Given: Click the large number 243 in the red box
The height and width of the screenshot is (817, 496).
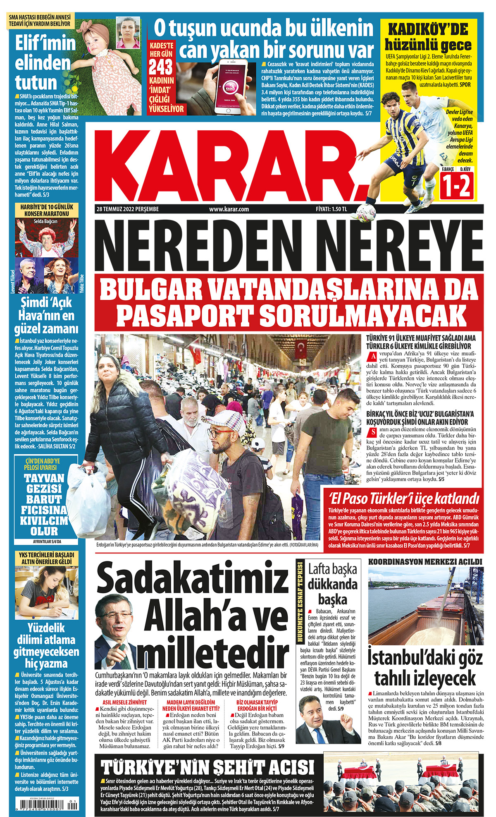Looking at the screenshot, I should [161, 67].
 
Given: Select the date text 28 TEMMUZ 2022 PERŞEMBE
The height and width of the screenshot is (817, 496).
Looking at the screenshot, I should [127, 209].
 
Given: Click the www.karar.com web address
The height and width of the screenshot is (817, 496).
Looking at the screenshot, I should [229, 209].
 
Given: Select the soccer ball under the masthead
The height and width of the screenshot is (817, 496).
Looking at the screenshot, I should [366, 213].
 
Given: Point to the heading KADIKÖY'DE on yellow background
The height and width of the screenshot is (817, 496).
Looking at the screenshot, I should [428, 30].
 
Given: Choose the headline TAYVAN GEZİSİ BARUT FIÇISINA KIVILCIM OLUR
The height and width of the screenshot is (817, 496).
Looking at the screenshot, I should [45, 504].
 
